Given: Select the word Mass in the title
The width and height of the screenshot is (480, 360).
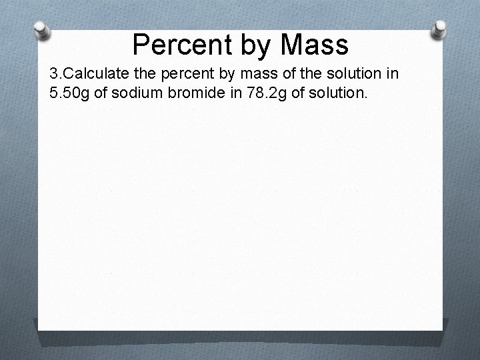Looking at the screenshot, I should click(314, 45).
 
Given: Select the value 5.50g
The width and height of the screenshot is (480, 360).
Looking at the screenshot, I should click(70, 92).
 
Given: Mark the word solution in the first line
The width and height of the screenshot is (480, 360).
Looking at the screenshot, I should click(351, 73).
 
